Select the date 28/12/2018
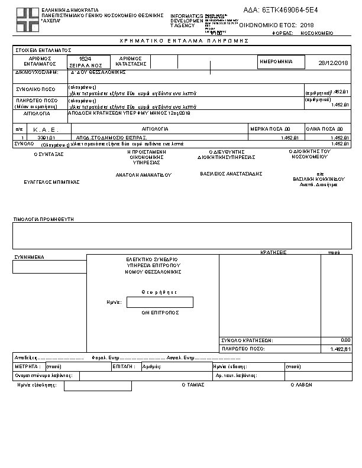[334, 63]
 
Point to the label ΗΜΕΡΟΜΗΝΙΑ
[277, 61]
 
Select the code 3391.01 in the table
[46, 137]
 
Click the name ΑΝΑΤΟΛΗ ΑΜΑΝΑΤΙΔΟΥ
[143, 175]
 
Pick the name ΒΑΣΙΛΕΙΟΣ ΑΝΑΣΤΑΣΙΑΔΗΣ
[231, 174]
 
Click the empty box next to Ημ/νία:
[160, 302]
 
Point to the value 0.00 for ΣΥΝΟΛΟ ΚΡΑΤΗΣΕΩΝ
[346, 340]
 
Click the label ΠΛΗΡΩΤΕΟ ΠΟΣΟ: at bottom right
[243, 349]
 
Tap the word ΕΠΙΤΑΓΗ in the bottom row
[122, 366]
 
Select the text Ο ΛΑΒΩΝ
[300, 385]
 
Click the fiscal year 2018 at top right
[307, 25]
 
